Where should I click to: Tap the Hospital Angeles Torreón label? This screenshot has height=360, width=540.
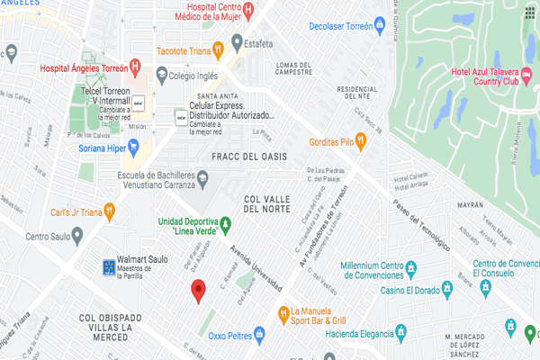click(x=83, y=67)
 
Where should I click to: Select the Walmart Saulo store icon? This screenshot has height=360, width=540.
click(x=109, y=266)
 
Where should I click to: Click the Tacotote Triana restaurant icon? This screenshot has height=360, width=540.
click(x=217, y=49)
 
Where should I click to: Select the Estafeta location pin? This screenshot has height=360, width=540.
click(x=238, y=40)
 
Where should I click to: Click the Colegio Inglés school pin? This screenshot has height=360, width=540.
click(x=160, y=77)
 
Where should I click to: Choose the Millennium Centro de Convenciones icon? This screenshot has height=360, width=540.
click(x=410, y=267)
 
